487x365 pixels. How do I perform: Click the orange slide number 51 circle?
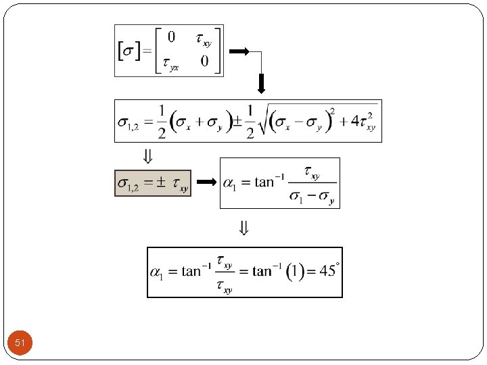coord(20,343)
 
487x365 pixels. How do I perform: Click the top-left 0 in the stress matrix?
coord(171,37)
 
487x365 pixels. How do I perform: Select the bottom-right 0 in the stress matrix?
coord(204,61)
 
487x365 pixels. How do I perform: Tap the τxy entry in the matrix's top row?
coord(204,39)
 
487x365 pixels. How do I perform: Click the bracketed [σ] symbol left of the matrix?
coord(129,51)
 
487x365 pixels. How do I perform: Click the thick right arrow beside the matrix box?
coord(239,51)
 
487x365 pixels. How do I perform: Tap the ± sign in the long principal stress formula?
coord(237,122)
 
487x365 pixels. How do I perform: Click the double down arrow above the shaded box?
coord(148,156)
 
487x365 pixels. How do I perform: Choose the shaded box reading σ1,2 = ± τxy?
coord(153,183)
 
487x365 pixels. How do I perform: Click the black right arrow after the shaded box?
coord(206,182)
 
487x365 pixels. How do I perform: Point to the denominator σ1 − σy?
coord(312,197)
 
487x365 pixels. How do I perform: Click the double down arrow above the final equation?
coord(244,228)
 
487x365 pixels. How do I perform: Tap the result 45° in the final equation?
coord(330,271)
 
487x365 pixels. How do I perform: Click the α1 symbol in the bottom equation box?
coord(157,273)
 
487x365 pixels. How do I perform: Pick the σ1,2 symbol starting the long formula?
coord(129,123)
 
